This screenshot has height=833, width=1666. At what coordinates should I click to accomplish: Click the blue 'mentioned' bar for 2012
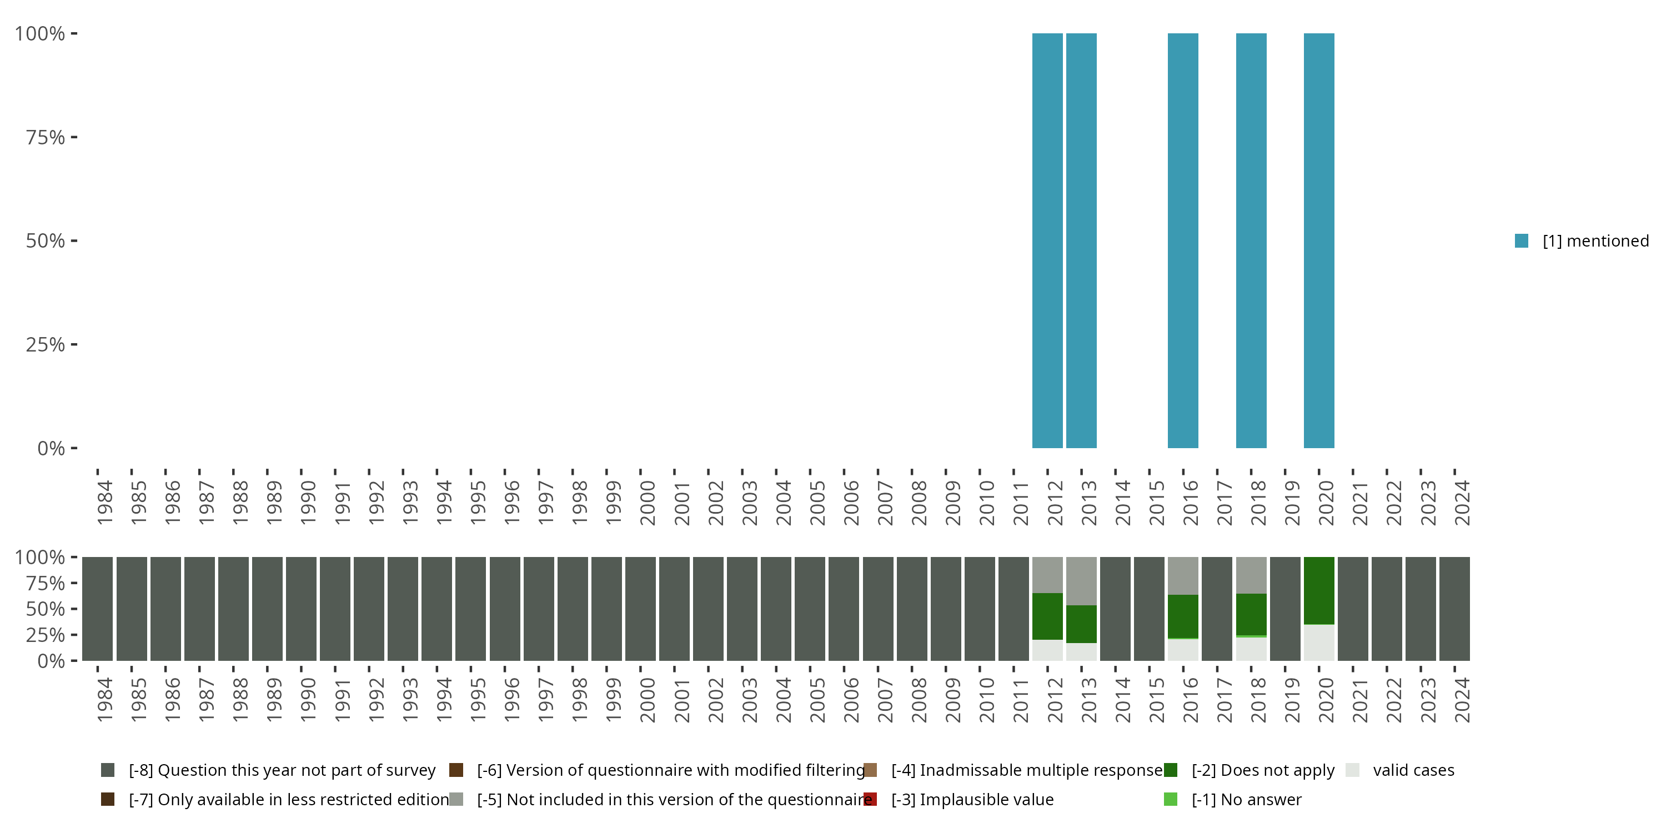(1047, 240)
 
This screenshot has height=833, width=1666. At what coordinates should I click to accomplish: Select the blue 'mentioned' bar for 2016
(1183, 240)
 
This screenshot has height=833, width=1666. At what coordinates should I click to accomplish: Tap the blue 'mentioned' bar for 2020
(1319, 240)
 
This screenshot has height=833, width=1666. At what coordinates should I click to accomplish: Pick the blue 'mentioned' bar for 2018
(1251, 240)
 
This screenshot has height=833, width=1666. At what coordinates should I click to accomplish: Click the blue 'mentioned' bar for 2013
(1081, 240)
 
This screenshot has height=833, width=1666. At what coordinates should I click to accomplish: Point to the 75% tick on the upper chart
(74, 137)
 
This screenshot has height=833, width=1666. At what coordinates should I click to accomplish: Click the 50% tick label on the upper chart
(46, 241)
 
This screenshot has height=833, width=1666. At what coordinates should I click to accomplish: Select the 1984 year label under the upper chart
(104, 503)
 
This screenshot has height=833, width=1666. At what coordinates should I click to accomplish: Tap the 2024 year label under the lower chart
(1462, 700)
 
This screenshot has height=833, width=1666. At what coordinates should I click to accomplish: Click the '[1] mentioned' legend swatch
(1521, 241)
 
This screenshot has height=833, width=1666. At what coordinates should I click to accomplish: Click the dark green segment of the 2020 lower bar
(1319, 590)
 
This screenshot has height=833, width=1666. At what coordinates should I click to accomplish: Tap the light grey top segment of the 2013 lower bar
(1081, 580)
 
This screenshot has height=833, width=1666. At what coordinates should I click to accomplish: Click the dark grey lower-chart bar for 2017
(1217, 609)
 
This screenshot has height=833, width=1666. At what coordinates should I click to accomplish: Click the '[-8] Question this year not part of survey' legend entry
(282, 770)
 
